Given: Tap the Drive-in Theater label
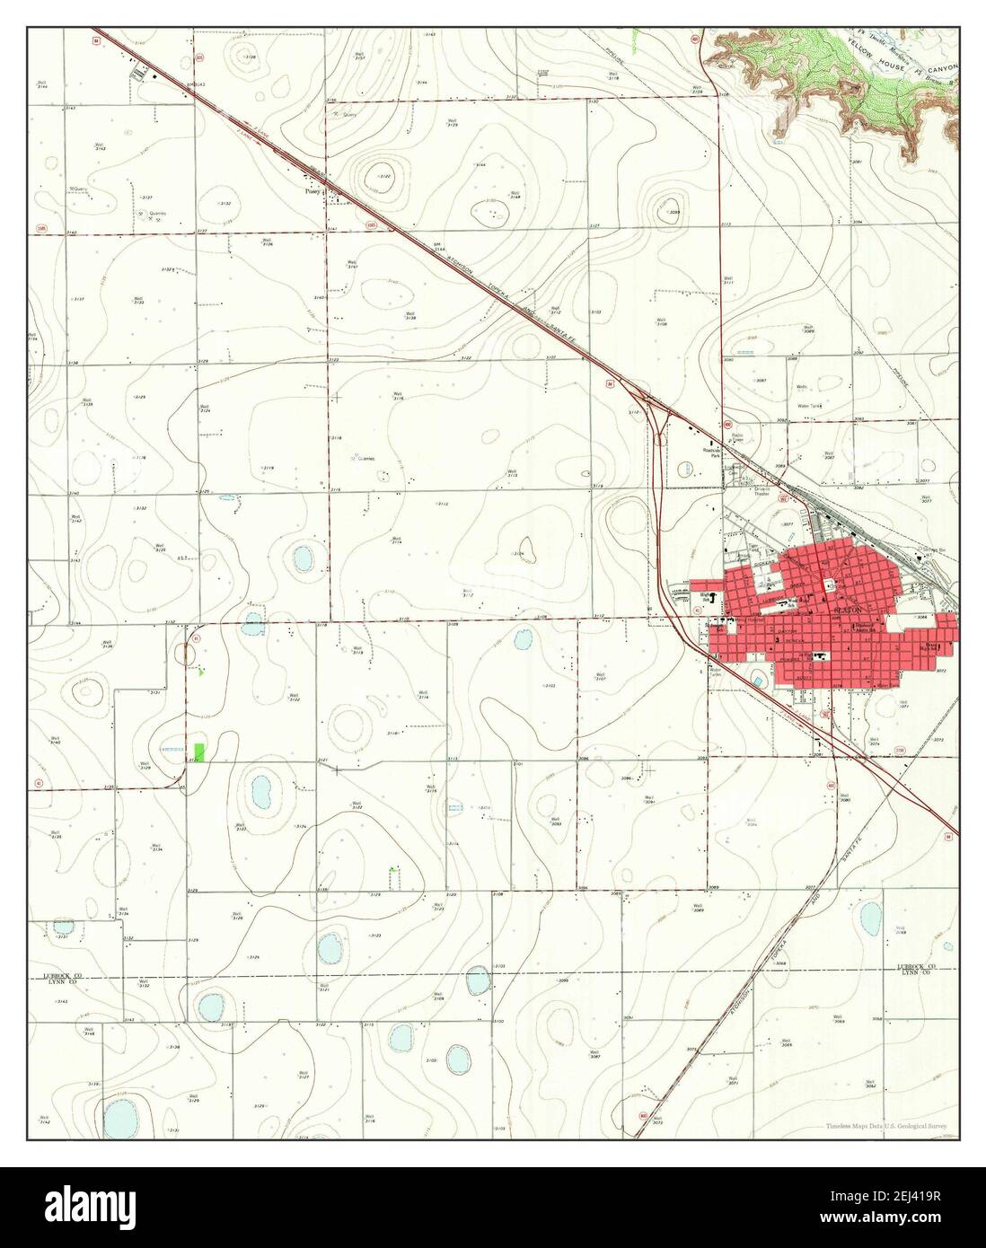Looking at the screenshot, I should click(762, 492).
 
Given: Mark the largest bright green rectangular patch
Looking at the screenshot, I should click(198, 752).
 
